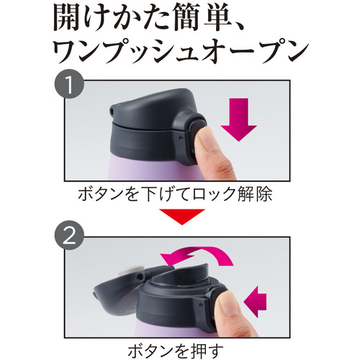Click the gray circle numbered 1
tap(70, 84)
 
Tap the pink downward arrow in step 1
tap(238, 120)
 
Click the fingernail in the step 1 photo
tap(202, 136)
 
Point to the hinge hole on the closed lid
tap(112, 111)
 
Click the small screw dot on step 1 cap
tap(181, 138)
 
